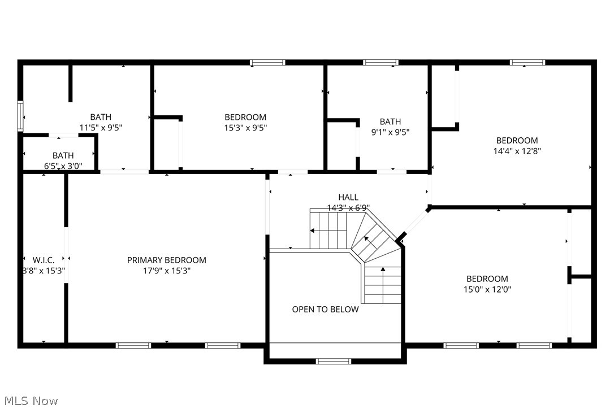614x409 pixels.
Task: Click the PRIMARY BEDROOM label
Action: [166, 260]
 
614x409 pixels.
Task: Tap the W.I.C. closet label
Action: [44, 260]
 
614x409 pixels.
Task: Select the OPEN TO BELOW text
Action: [325, 309]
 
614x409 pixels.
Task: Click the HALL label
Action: [348, 197]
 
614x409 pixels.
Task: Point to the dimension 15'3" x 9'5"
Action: [245, 128]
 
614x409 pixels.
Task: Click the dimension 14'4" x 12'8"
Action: [517, 151]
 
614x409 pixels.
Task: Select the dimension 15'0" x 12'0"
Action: [487, 289]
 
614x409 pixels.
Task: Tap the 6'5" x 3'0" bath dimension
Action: [63, 166]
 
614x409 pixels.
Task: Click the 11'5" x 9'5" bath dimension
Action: [100, 128]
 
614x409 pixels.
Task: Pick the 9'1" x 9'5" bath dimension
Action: [390, 132]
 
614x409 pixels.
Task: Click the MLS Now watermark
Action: [29, 401]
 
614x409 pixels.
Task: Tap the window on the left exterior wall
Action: [20, 116]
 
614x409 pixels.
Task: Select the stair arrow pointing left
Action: [312, 230]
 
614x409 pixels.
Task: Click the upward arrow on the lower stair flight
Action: [383, 270]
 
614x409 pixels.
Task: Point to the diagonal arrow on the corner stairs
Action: [366, 239]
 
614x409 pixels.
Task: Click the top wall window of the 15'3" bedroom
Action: [267, 62]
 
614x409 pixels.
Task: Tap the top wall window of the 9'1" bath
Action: [380, 62]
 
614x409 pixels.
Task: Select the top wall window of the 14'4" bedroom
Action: [527, 62]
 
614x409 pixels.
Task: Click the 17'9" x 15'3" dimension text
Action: [166, 271]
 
